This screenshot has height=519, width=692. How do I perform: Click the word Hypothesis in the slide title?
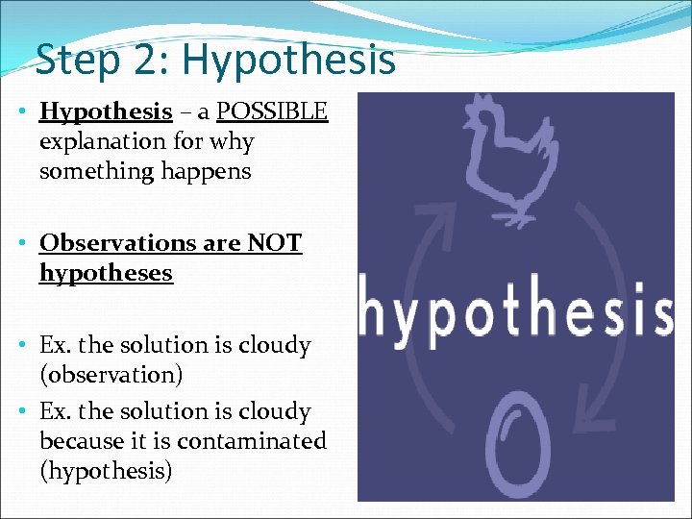[288, 59]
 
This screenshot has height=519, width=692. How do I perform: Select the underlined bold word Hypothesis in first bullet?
[106, 112]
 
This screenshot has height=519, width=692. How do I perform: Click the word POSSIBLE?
[272, 112]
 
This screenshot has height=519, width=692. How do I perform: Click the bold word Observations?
[114, 244]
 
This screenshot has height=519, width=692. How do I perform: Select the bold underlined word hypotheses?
[106, 274]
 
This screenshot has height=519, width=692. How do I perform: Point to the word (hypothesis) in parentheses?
[106, 472]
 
